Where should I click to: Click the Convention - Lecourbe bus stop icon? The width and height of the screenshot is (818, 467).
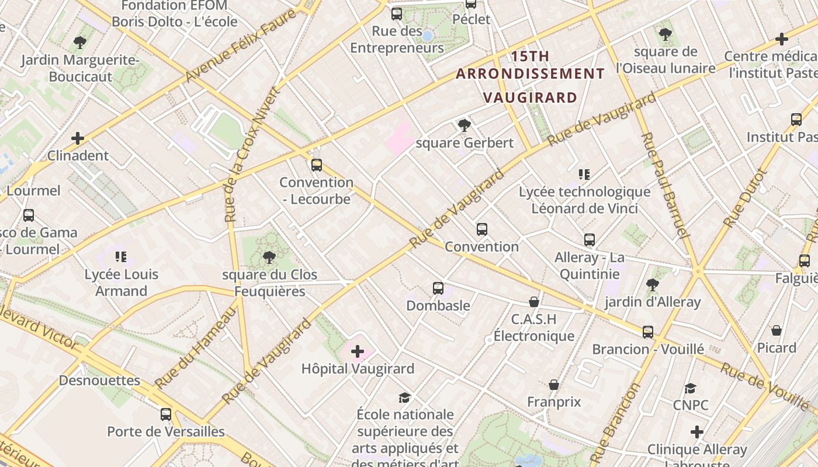pyautogui.click(x=316, y=165)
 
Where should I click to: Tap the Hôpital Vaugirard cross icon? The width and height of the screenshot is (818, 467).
pyautogui.click(x=357, y=351)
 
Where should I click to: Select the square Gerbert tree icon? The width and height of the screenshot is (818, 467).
pyautogui.click(x=465, y=126)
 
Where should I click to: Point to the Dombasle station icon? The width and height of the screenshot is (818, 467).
pyautogui.click(x=438, y=288)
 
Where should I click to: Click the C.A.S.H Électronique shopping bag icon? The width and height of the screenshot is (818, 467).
pyautogui.click(x=533, y=302)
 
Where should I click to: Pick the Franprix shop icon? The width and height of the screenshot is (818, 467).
pyautogui.click(x=553, y=385)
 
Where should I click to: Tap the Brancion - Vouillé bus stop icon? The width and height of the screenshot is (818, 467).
pyautogui.click(x=647, y=332)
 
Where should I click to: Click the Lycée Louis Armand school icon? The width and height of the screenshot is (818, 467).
pyautogui.click(x=121, y=257)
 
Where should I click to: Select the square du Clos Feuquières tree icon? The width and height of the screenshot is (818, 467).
pyautogui.click(x=269, y=257)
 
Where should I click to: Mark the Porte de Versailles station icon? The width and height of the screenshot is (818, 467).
pyautogui.click(x=166, y=414)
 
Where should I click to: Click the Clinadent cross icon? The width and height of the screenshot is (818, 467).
pyautogui.click(x=78, y=138)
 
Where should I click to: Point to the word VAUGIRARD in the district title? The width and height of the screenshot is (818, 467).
pyautogui.click(x=531, y=97)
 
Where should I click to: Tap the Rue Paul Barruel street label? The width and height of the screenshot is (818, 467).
pyautogui.click(x=664, y=185)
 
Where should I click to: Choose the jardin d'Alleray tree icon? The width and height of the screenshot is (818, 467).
pyautogui.click(x=652, y=285)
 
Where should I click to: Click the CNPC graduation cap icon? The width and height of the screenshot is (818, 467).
pyautogui.click(x=690, y=388)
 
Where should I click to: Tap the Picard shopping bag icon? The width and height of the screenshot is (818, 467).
pyautogui.click(x=777, y=330)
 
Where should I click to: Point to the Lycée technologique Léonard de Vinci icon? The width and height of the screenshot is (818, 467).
pyautogui.click(x=584, y=174)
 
